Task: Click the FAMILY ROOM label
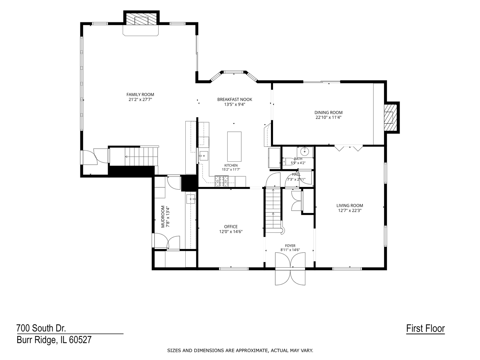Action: (x=140, y=94)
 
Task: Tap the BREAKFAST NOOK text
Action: (x=235, y=99)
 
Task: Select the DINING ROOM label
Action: (x=328, y=113)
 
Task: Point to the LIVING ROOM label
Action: (x=350, y=205)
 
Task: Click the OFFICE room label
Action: (x=231, y=227)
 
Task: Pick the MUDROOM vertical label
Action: (x=163, y=216)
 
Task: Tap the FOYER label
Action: (x=290, y=246)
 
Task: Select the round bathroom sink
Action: (x=305, y=151)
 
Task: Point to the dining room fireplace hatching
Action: (x=391, y=118)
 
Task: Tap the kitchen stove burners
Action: (x=222, y=181)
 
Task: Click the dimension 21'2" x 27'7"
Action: (x=140, y=99)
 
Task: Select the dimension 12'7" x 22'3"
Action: (x=350, y=210)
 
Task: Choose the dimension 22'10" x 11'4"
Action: (x=328, y=117)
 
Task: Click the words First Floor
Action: (x=425, y=328)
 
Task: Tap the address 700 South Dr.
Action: (x=41, y=328)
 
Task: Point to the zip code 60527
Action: (x=80, y=340)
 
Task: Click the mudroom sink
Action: (x=191, y=199)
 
